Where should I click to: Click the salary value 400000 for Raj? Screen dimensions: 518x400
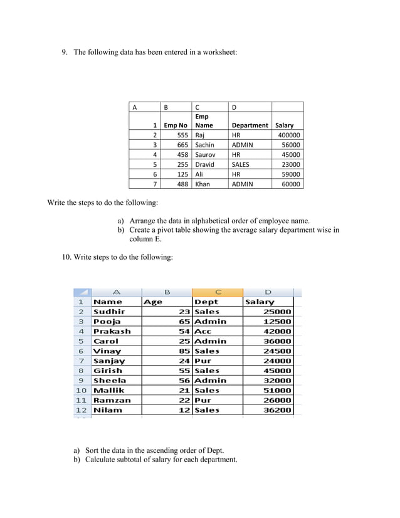(x=289, y=135)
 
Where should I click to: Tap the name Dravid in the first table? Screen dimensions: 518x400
(x=204, y=164)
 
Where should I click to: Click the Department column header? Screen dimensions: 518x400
(x=250, y=125)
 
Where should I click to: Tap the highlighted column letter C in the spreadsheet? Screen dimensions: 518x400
(x=218, y=292)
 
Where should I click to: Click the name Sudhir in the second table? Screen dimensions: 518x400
(x=109, y=312)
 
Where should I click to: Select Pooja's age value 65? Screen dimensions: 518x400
(x=184, y=321)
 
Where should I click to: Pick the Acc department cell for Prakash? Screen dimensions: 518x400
(x=203, y=331)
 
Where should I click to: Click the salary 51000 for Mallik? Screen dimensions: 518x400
(x=276, y=390)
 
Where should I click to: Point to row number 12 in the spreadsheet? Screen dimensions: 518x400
(x=81, y=410)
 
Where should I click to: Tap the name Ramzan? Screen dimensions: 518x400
(x=112, y=400)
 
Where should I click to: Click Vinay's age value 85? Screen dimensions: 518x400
(x=184, y=351)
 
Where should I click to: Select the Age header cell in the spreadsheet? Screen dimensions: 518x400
(x=154, y=302)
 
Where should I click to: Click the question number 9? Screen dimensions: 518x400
(x=64, y=52)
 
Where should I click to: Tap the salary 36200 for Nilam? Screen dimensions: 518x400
(x=276, y=410)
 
